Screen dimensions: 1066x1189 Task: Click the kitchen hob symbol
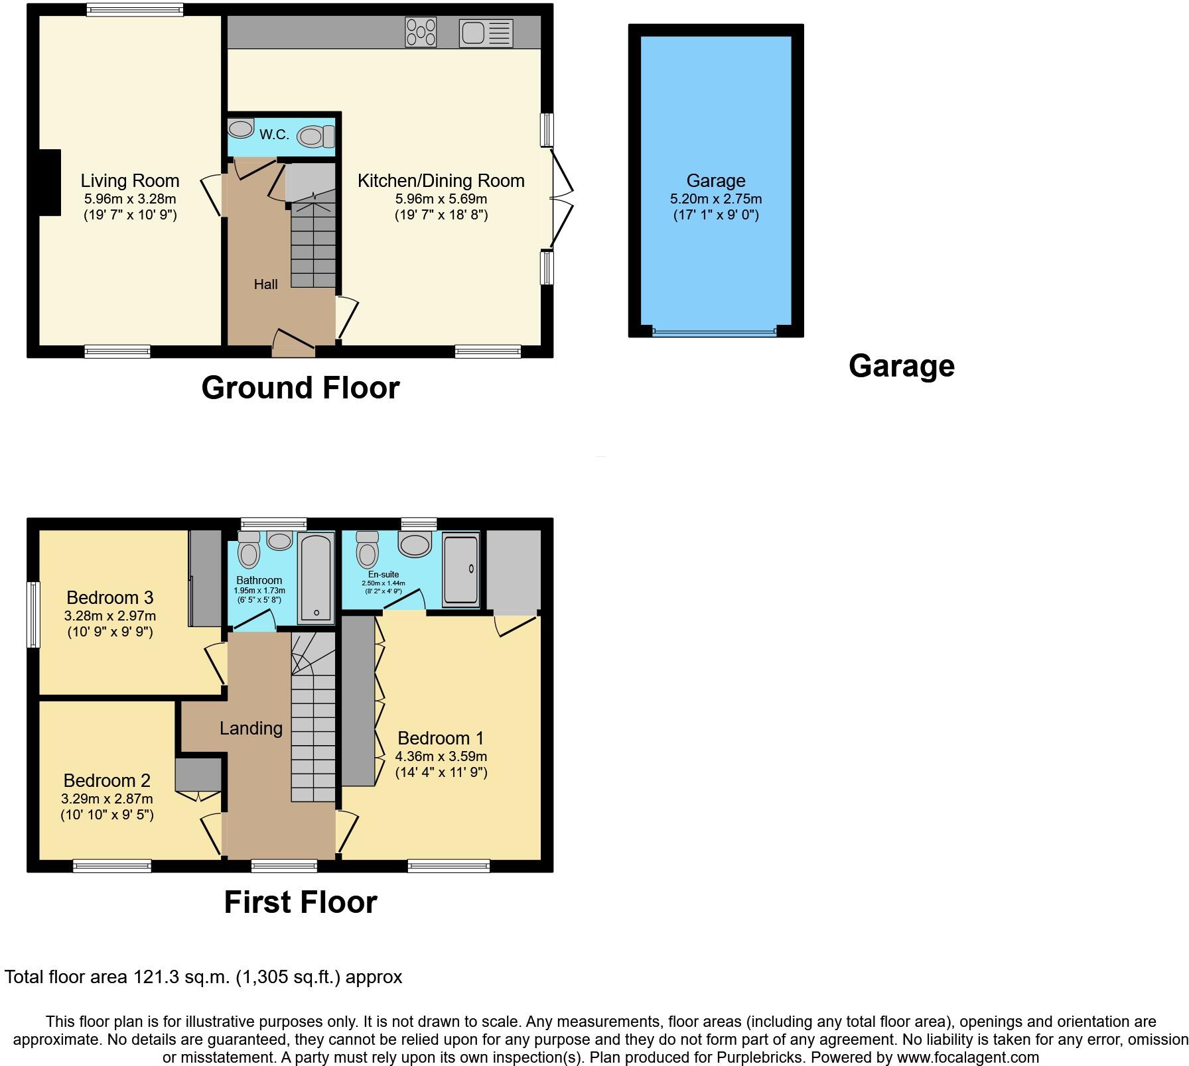coord(421,32)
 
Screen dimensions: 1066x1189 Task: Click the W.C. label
coord(274,135)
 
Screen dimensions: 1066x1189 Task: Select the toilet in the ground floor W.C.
coord(315,137)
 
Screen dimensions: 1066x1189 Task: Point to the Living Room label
coord(130,180)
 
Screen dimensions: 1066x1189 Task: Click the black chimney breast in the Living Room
coord(50,182)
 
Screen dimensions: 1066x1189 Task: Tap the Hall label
coord(265,284)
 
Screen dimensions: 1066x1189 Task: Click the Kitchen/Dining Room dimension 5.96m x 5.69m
coord(441,198)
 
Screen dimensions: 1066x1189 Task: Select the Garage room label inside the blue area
coord(715,180)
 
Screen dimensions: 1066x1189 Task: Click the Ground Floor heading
coord(300,388)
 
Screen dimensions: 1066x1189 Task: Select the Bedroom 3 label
coord(110,597)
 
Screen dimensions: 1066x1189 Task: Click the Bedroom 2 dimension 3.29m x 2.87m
coord(107,799)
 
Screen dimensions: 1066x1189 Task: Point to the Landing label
coord(251,728)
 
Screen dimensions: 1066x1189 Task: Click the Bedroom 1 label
coord(441,738)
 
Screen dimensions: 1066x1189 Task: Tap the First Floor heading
coord(300,902)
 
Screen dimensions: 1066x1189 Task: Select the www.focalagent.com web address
coord(963,1057)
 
